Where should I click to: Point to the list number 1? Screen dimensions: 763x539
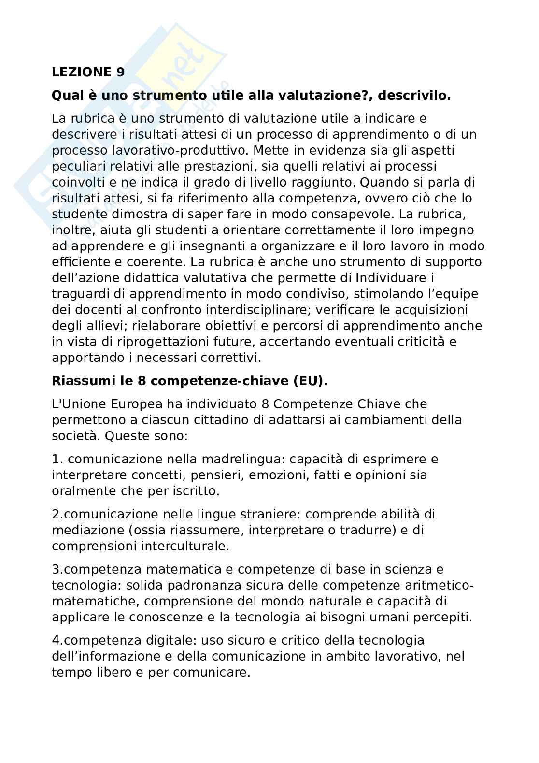click(x=55, y=459)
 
